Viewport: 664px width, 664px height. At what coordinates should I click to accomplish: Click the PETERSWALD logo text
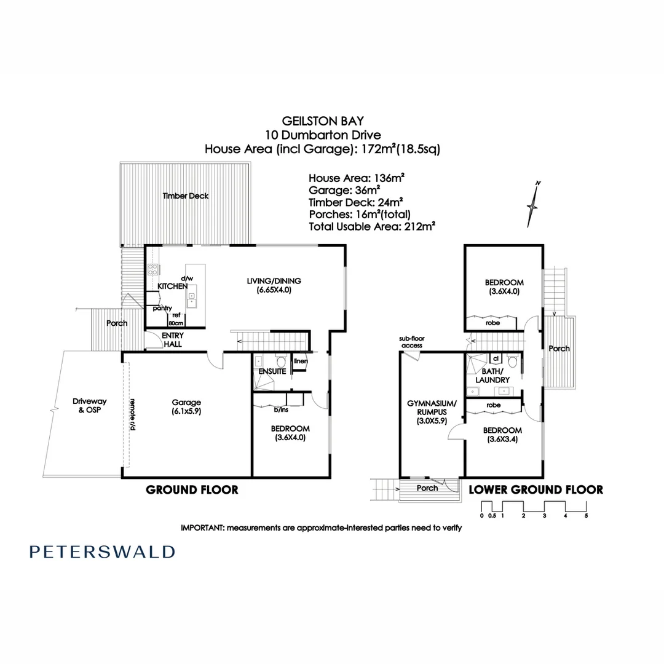102,551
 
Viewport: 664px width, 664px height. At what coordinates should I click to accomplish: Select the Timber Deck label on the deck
186,196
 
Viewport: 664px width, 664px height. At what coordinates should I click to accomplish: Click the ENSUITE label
272,372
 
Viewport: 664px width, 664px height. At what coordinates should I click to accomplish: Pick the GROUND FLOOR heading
192,490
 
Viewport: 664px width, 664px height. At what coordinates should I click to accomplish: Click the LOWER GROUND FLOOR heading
536,490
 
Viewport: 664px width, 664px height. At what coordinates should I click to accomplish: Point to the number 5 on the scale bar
586,516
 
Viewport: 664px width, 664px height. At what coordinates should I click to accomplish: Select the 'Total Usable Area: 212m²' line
372,226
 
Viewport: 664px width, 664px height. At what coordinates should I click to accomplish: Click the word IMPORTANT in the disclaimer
203,528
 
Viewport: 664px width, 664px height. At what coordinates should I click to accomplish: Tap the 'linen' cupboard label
301,361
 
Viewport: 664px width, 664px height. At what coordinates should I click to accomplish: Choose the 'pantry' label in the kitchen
163,308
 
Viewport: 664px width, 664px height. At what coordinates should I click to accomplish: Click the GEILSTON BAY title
323,122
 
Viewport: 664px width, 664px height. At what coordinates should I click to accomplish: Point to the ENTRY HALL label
172,340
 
